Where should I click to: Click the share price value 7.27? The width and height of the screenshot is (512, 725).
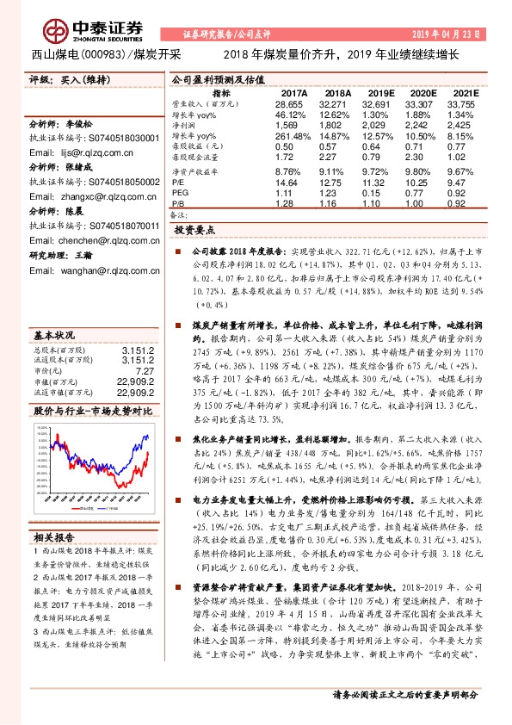(146, 370)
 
